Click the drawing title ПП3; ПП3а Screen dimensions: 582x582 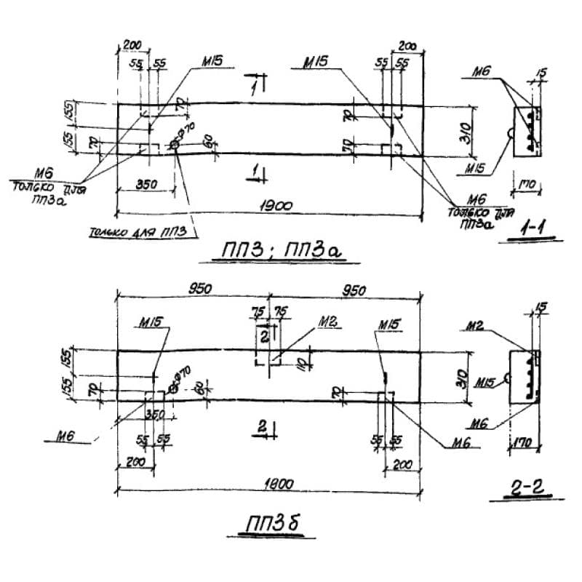280,252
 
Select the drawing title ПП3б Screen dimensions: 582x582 271,524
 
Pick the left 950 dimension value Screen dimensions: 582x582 199,289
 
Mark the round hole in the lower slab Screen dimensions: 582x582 172,388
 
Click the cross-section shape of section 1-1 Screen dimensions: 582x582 527,131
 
